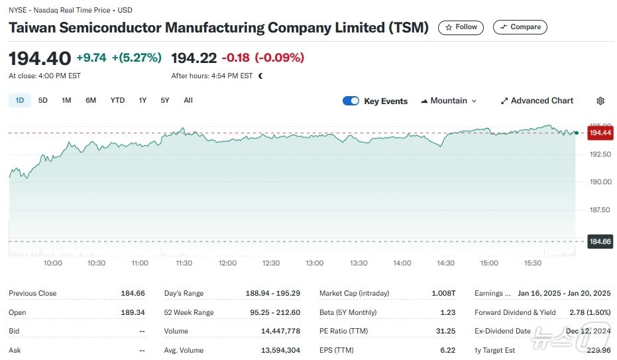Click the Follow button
pyautogui.click(x=461, y=27)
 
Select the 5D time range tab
pyautogui.click(x=43, y=101)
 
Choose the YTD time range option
pyautogui.click(x=117, y=101)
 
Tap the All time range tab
pyautogui.click(x=188, y=101)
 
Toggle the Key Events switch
pyautogui.click(x=351, y=101)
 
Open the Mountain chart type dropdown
pyautogui.click(x=449, y=101)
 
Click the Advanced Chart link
pyautogui.click(x=537, y=101)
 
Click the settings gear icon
pyautogui.click(x=600, y=101)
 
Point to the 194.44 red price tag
pyautogui.click(x=600, y=133)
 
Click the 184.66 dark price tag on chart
pyautogui.click(x=600, y=241)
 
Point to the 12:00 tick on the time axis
pyautogui.click(x=227, y=263)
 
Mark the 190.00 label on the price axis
pyautogui.click(x=600, y=182)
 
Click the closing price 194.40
pyautogui.click(x=39, y=58)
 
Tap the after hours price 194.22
pyautogui.click(x=194, y=58)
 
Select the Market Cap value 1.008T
pyautogui.click(x=443, y=293)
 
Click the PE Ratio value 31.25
pyautogui.click(x=445, y=331)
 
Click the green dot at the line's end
pyautogui.click(x=577, y=133)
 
